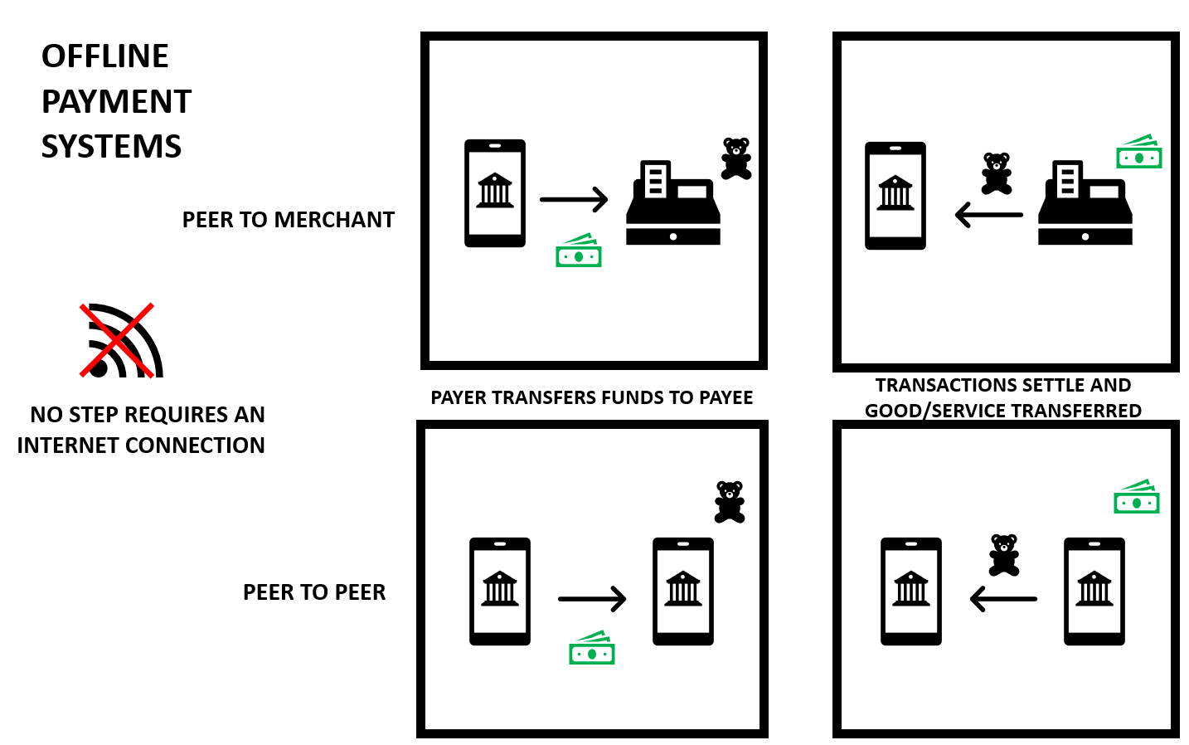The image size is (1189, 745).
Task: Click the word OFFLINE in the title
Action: [105, 56]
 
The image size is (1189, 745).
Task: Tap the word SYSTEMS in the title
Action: [111, 147]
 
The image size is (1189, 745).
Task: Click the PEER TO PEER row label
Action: [314, 592]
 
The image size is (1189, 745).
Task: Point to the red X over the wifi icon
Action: [117, 340]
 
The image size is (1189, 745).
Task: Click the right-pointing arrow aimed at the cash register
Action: [574, 199]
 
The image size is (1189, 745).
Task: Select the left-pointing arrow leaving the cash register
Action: [988, 215]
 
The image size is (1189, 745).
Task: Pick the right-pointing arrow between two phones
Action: [592, 599]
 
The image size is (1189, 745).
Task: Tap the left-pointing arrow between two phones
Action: [1003, 598]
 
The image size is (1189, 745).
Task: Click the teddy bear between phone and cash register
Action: [997, 173]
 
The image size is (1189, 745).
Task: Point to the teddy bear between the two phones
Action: [1004, 555]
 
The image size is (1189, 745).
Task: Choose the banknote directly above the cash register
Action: [1139, 152]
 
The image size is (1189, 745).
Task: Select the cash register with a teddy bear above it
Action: [672, 204]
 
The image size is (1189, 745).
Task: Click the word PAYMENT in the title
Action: [116, 102]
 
